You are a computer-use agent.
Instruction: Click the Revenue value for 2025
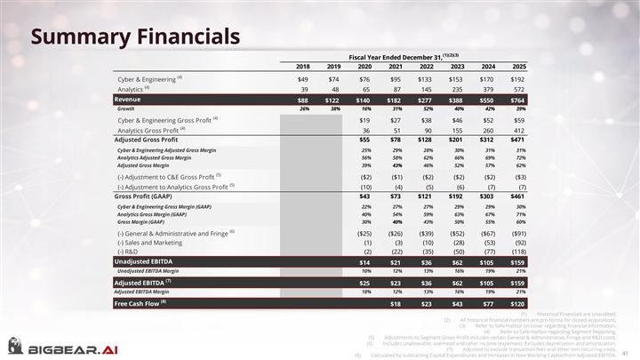point(519,100)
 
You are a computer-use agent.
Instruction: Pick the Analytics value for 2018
point(304,90)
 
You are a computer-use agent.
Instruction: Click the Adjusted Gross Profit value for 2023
point(458,139)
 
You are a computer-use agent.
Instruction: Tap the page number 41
point(626,348)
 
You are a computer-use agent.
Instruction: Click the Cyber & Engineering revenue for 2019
point(334,79)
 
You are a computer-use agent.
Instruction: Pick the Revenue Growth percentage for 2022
point(427,109)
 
